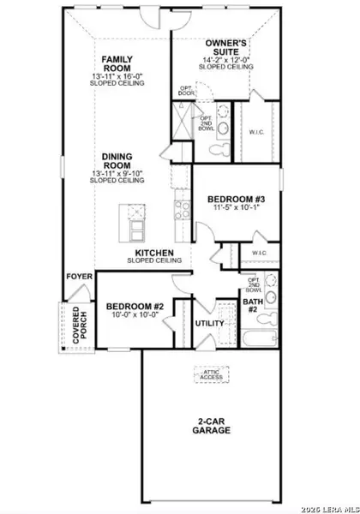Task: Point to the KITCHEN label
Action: click(151, 253)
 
